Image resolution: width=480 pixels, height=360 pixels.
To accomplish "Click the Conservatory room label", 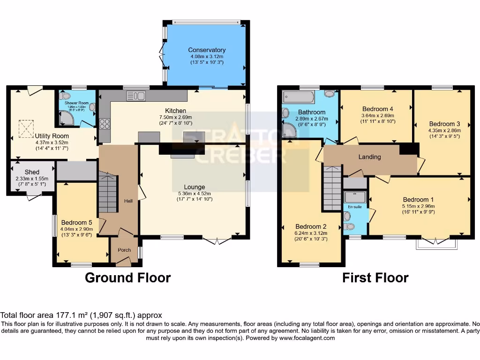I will click(207, 50).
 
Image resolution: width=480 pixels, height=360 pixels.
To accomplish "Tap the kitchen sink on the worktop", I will click(136, 96).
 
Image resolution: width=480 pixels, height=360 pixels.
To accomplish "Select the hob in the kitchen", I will click(104, 124).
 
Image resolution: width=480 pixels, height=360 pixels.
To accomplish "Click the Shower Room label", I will click(76, 103).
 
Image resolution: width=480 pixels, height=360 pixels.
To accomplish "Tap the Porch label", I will click(124, 250).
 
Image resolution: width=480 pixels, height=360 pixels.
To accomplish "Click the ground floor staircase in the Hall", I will click(107, 192).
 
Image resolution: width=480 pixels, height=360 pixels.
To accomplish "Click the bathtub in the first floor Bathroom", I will click(298, 97).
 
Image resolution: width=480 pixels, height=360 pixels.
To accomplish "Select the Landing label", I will click(369, 157).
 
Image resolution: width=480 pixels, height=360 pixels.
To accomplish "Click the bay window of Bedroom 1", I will click(436, 244).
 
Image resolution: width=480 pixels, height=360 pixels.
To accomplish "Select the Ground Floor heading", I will click(127, 278).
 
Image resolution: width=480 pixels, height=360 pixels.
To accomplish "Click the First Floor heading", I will click(375, 278).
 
